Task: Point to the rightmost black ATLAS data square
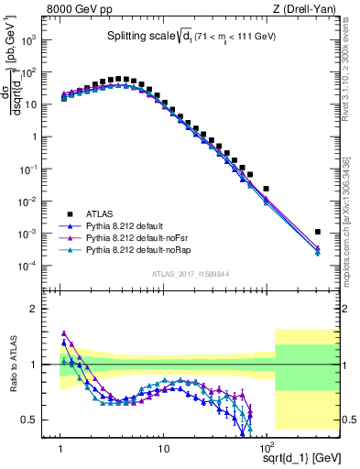[318, 233]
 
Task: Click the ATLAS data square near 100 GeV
[267, 189]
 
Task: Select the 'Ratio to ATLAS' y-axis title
[12, 365]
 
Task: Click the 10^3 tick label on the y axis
[29, 40]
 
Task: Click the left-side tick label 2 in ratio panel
[33, 309]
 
